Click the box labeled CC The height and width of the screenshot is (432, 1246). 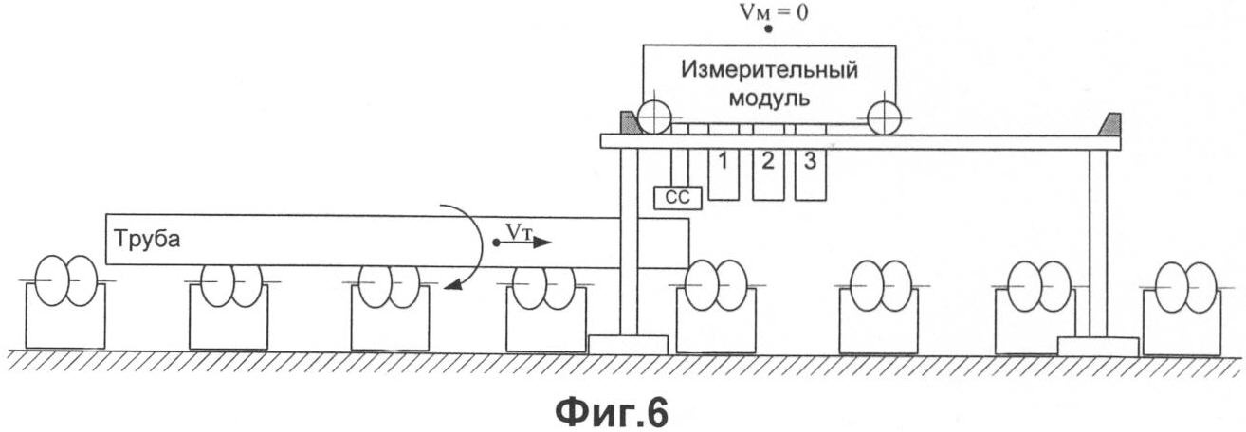coord(677,198)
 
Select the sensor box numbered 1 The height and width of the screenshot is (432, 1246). coord(724,174)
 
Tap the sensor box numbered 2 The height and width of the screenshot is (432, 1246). coord(768,174)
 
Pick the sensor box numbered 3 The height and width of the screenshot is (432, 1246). coord(811,174)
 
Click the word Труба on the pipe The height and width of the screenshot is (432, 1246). coord(147,239)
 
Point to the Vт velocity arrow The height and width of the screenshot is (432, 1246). coord(523,242)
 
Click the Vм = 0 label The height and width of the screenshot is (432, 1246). coord(773,12)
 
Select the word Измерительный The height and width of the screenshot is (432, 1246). coord(770,71)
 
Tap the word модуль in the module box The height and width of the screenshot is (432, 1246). coord(769,99)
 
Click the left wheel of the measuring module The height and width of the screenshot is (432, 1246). coord(654,117)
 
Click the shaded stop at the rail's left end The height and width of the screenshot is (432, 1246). coord(629,123)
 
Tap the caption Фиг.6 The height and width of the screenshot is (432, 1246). coord(612,412)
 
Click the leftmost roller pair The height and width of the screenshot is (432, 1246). coord(66,279)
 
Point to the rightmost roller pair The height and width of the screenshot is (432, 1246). coord(1187,287)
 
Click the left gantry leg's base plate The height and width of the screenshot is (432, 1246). coord(628,345)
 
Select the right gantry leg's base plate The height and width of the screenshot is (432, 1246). coord(1098,347)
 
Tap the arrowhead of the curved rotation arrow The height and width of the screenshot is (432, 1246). coord(455,286)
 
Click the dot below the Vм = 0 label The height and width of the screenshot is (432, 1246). coord(768,28)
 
